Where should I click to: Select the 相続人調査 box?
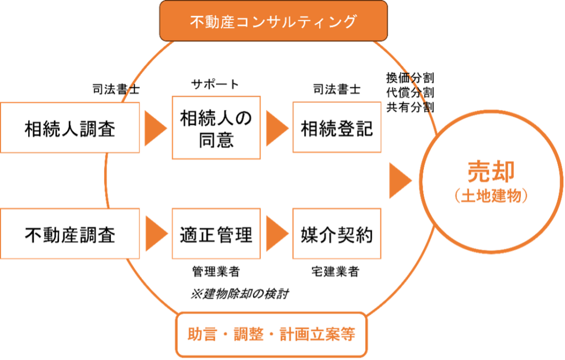tap(70, 127)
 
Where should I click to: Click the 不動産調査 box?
tap(70, 234)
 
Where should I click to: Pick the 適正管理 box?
tap(216, 234)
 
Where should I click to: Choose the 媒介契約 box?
tap(337, 234)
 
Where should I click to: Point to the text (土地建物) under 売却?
tap(491, 196)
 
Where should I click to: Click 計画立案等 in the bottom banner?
tap(317, 334)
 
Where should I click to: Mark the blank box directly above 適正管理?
tap(216, 127)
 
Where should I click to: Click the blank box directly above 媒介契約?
tap(337, 127)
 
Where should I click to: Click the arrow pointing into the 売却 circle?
tap(400, 180)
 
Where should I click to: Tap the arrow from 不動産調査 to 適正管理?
tap(156, 233)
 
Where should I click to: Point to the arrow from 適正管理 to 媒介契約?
tap(276, 233)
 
